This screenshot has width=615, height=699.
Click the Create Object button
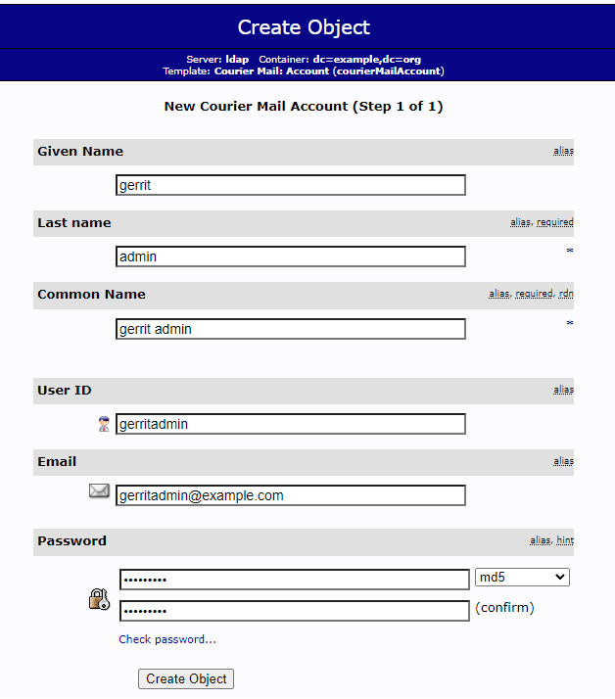(186, 679)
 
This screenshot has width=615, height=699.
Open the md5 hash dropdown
(522, 578)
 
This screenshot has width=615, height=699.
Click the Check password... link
(167, 639)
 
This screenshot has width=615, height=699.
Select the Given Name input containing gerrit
(290, 185)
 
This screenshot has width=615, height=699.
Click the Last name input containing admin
(290, 256)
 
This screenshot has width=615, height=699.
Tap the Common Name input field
(290, 329)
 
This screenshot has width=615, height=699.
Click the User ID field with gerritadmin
(290, 424)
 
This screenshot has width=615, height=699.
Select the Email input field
(290, 495)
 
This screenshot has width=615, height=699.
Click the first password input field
(294, 580)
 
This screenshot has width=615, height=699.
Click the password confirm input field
(294, 611)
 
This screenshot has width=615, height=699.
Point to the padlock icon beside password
(99, 598)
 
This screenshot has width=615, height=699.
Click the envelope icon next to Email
(99, 491)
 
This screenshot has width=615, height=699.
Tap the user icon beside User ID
(104, 424)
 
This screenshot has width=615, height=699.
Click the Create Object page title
(304, 27)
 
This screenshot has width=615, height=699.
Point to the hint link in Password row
(565, 540)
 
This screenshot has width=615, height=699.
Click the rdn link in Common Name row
(566, 294)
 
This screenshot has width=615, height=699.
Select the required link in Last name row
(555, 222)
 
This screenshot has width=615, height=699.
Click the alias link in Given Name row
(563, 151)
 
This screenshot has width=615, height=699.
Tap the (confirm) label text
(504, 608)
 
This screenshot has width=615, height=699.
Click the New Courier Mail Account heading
(304, 107)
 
